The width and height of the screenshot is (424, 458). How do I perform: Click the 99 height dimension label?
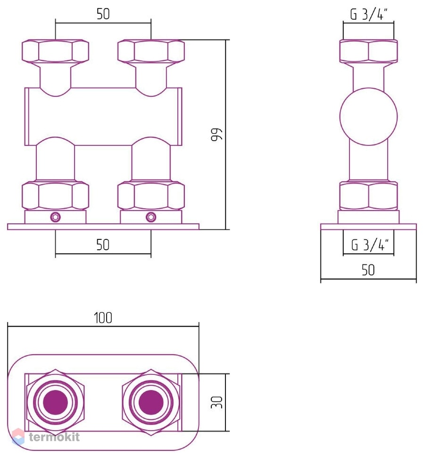[x=216, y=135]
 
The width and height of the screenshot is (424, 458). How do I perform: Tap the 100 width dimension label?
[x=103, y=318]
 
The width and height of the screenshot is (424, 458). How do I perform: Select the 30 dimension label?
[x=216, y=402]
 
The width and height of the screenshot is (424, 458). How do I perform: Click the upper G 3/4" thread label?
[x=369, y=14]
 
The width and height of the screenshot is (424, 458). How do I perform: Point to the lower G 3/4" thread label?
[x=370, y=244]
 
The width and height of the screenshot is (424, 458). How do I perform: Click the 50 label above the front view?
[x=103, y=14]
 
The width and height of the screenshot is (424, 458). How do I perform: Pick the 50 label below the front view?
[x=103, y=245]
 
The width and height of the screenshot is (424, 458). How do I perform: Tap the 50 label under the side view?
[x=368, y=270]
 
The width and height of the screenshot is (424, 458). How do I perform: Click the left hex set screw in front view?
[x=56, y=217]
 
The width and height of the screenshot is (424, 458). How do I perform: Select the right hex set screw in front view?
[x=151, y=217]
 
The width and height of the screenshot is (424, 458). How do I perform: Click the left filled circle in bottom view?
[x=56, y=402]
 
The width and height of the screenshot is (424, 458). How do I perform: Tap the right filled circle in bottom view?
[x=151, y=402]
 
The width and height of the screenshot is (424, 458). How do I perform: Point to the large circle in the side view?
[x=368, y=88]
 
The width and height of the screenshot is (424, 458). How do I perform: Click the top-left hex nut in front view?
[x=56, y=51]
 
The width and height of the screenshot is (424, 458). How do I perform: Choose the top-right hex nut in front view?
[x=151, y=51]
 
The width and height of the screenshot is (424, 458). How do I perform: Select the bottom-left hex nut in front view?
[x=56, y=195]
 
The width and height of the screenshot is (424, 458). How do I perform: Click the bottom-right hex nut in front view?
[x=151, y=195]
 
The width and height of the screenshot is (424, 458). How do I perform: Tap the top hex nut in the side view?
[x=368, y=51]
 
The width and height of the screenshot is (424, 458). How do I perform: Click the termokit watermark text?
[x=54, y=437]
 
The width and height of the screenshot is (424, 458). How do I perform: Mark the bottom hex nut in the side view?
[x=368, y=195]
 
